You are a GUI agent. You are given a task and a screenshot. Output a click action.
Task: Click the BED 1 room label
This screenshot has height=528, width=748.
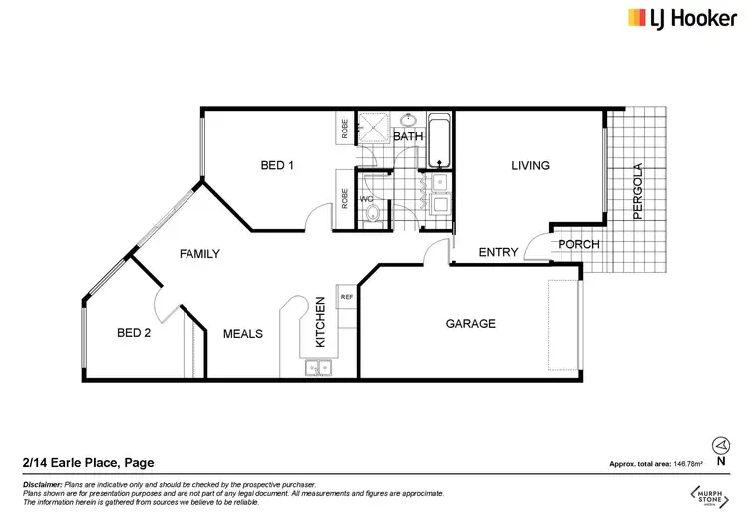click(277, 165)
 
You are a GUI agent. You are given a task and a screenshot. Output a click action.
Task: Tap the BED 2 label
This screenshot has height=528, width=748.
click(133, 334)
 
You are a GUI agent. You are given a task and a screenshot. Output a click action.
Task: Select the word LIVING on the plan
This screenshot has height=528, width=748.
click(531, 165)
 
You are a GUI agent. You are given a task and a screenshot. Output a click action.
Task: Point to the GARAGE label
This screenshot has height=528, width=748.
click(470, 324)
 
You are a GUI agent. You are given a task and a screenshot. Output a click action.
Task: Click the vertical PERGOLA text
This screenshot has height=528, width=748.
click(639, 191)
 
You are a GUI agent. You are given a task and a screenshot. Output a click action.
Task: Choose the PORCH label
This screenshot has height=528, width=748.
click(577, 245)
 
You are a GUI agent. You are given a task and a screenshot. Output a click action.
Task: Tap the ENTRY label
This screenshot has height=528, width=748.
click(498, 253)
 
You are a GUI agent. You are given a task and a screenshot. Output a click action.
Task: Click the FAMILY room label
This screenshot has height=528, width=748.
click(199, 254)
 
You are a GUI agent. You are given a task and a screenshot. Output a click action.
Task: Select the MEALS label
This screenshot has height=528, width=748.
click(242, 334)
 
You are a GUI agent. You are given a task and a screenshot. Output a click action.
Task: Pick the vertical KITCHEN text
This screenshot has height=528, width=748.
click(320, 321)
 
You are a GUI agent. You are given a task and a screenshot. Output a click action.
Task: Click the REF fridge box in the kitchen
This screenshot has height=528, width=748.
click(347, 297)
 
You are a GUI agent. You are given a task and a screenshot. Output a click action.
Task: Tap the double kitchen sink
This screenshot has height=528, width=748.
click(320, 369)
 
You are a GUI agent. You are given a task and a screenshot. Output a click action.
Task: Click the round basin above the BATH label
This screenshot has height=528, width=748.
click(408, 119)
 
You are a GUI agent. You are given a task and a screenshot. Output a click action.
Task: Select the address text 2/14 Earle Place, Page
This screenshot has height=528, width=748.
click(88, 463)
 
